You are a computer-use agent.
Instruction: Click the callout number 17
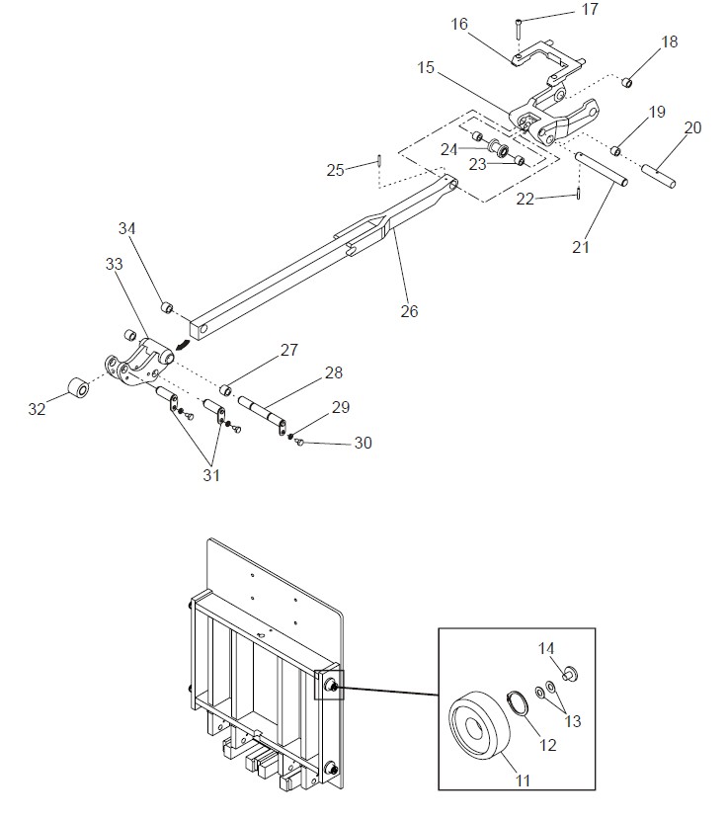(x=590, y=10)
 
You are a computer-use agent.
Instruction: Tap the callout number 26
(x=409, y=311)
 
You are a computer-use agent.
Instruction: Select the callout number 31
(x=211, y=475)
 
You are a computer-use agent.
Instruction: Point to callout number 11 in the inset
(x=524, y=781)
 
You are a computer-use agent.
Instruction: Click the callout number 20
(x=693, y=127)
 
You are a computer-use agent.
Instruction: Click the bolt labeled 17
(x=518, y=28)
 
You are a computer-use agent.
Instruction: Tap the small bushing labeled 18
(x=626, y=82)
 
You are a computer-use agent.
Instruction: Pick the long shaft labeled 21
(x=602, y=168)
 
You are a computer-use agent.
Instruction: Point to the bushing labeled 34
(x=167, y=306)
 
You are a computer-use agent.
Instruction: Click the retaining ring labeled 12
(x=518, y=703)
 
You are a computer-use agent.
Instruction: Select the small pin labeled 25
(x=378, y=159)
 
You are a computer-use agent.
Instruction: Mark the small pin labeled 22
(x=578, y=193)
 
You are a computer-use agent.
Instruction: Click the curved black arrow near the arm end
(x=183, y=344)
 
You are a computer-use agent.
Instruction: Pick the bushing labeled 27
(x=226, y=390)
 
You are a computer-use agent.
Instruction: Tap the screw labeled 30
(x=300, y=444)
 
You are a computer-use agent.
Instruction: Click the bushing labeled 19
(x=616, y=151)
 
